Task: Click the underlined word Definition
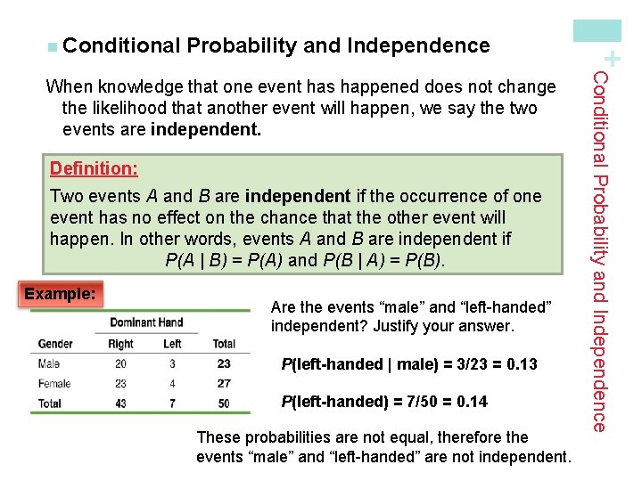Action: click(x=94, y=168)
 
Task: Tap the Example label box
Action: click(x=60, y=293)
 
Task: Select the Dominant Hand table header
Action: click(x=145, y=322)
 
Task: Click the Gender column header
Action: click(x=55, y=343)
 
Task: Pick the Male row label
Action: click(x=50, y=363)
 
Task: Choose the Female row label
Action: click(x=55, y=383)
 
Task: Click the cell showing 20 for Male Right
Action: click(x=120, y=363)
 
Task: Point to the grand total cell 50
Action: click(x=223, y=404)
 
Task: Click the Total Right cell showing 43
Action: click(x=120, y=404)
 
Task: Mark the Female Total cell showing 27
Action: click(x=223, y=383)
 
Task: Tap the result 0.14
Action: click(x=472, y=402)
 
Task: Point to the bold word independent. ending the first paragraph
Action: click(x=206, y=130)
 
